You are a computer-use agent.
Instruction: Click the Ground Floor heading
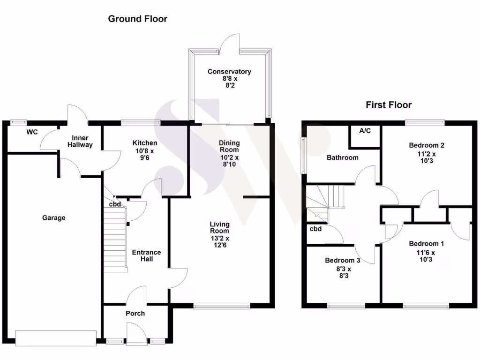pyautogui.click(x=137, y=19)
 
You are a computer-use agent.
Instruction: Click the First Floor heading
pyautogui.click(x=389, y=105)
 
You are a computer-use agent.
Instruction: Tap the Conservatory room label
pyautogui.click(x=229, y=72)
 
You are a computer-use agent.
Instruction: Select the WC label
pyautogui.click(x=32, y=132)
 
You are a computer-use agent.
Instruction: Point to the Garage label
pyautogui.click(x=54, y=217)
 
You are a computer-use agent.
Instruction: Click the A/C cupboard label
pyautogui.click(x=365, y=131)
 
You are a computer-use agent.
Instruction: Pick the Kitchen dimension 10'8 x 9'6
pyautogui.click(x=144, y=155)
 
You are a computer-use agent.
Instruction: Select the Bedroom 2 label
pyautogui.click(x=427, y=145)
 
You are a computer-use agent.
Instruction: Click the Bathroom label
pyautogui.click(x=342, y=157)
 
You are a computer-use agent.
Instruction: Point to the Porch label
pyautogui.click(x=135, y=313)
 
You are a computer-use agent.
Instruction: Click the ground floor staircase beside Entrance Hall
pyautogui.click(x=115, y=239)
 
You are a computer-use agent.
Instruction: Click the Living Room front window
pyautogui.click(x=221, y=306)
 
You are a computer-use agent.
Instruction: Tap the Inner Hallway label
pyautogui.click(x=82, y=142)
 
